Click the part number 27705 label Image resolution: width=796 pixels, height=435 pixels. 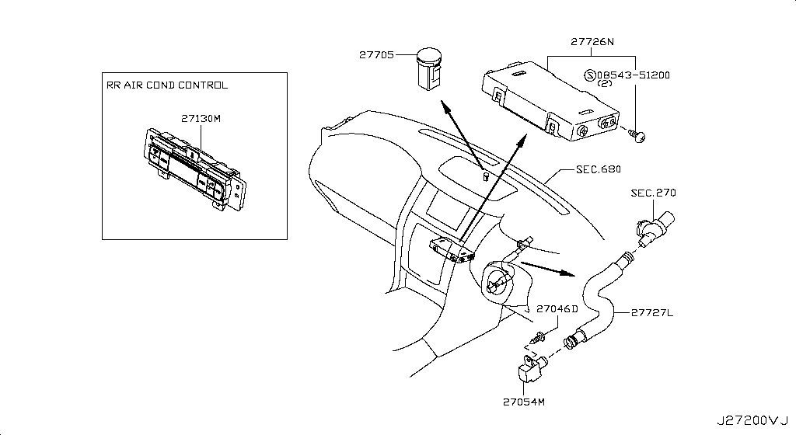[376, 55]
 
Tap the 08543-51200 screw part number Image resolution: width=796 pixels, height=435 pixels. [633, 75]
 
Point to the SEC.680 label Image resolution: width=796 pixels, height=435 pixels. [599, 169]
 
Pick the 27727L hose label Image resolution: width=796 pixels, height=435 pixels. [651, 313]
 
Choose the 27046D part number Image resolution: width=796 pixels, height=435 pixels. [557, 308]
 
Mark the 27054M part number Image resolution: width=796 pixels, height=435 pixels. [525, 402]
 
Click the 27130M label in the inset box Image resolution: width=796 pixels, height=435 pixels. [201, 119]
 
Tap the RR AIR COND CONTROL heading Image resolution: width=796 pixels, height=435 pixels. [167, 85]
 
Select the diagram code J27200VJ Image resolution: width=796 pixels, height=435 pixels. [752, 420]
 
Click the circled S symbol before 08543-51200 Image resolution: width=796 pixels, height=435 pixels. [590, 75]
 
